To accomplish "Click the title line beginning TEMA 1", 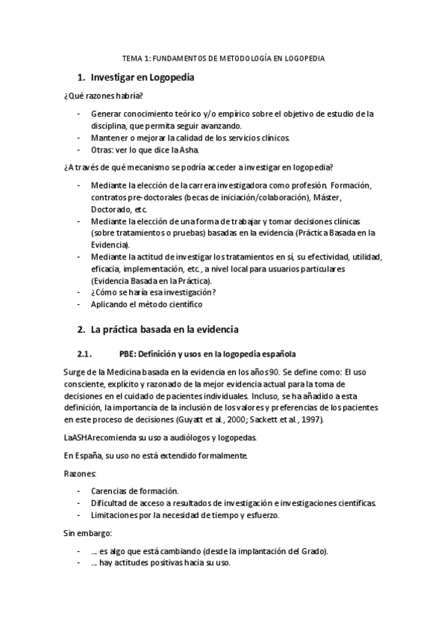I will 223,58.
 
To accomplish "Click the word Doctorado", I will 110,210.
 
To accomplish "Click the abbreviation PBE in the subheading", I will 128,354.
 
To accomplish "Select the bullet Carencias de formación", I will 134,490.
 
